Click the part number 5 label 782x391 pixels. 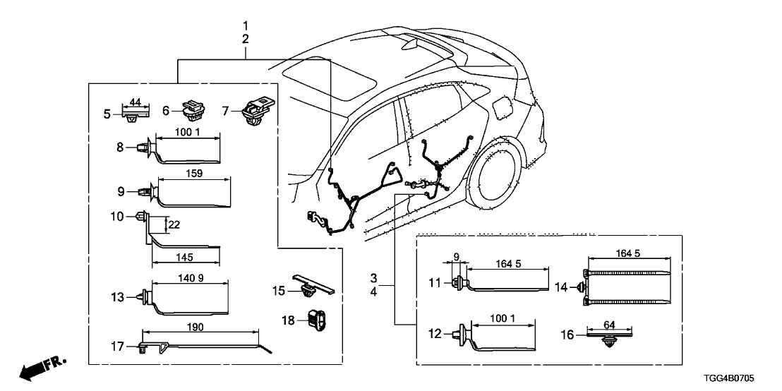(x=107, y=113)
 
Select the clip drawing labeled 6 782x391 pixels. (x=192, y=112)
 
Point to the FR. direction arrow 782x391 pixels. (x=41, y=368)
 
